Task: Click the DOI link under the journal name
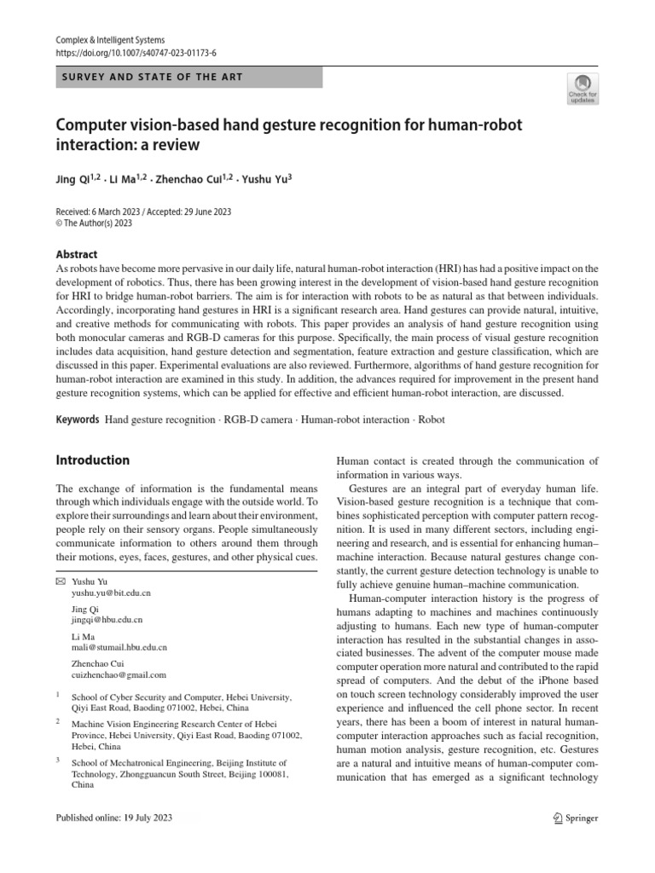136,52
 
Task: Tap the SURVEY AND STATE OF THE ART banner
188,77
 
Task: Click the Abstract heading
77,254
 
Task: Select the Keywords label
78,419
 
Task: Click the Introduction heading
93,460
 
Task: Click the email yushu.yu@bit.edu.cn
111,592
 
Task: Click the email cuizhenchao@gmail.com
119,674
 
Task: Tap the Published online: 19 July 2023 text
114,818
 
